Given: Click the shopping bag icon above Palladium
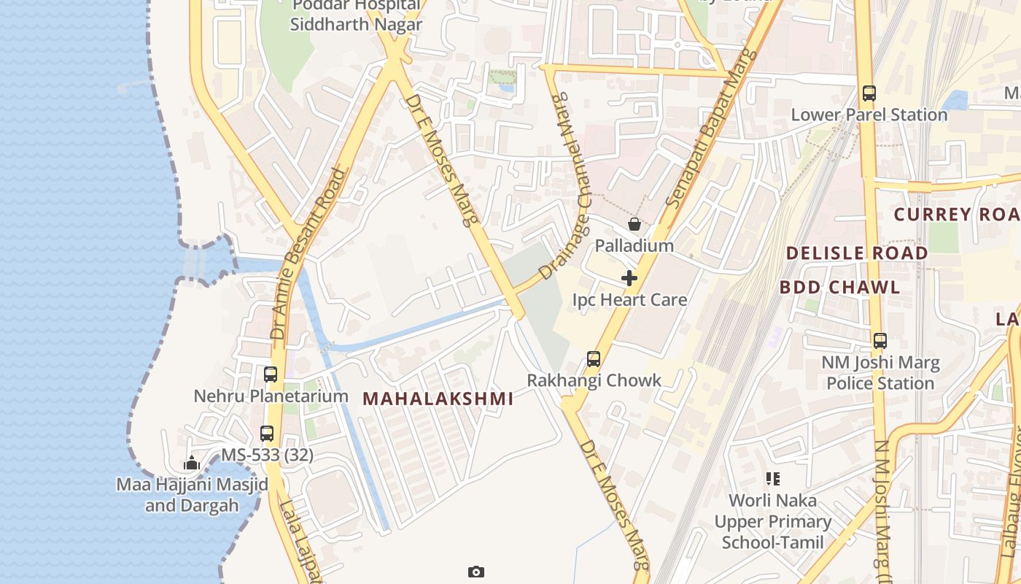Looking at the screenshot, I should click(x=634, y=224).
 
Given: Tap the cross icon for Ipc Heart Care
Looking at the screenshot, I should click(x=629, y=278).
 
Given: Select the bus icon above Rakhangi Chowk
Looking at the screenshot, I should click(x=594, y=359).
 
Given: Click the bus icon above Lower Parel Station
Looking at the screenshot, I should click(x=869, y=93).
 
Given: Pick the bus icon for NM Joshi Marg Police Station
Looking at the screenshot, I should click(x=880, y=341).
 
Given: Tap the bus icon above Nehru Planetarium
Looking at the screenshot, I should click(x=271, y=374).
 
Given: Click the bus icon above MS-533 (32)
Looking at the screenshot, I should click(x=267, y=434).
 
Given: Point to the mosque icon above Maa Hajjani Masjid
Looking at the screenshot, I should click(x=192, y=463).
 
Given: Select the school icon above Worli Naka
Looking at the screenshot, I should click(x=773, y=480).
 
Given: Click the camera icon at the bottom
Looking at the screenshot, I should click(x=476, y=572).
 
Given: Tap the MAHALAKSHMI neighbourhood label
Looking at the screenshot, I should click(x=438, y=399).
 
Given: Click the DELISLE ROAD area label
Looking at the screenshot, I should click(x=857, y=253).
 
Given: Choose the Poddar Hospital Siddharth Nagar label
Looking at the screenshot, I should click(x=356, y=16).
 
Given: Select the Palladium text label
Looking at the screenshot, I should click(x=634, y=245).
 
